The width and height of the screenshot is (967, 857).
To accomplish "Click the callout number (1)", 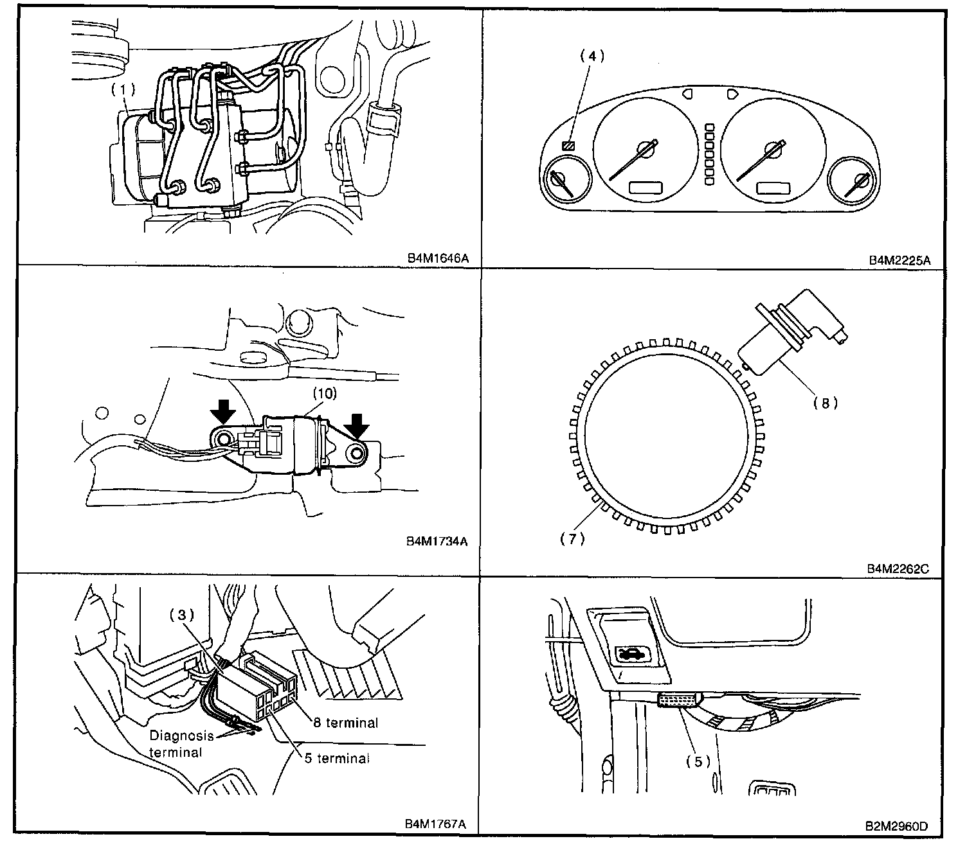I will [123, 90].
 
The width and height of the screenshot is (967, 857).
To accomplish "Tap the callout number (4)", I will [592, 56].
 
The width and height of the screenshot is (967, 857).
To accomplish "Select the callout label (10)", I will [324, 393].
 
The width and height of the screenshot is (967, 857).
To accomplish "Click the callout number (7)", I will [572, 539].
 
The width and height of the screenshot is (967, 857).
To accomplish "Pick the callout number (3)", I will [181, 615].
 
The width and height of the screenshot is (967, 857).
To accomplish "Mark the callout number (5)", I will [698, 762].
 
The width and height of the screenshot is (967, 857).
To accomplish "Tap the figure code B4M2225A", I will [899, 260].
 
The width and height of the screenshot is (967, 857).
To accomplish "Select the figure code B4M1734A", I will [437, 541].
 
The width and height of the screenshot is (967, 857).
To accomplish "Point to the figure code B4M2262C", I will [898, 569].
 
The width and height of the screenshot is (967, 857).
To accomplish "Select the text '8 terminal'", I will [345, 723].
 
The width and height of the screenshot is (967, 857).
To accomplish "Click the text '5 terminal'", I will [337, 758].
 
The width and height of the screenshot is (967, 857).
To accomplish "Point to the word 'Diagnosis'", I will [181, 736].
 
